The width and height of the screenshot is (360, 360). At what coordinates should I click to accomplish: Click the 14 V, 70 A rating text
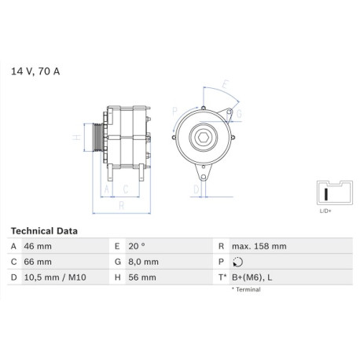pyautogui.click(x=35, y=72)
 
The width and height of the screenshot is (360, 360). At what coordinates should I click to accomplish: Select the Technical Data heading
pyautogui.click(x=44, y=231)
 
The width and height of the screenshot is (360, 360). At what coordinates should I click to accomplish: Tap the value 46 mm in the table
pyautogui.click(x=38, y=246)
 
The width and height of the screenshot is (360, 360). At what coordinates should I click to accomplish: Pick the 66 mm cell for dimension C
pyautogui.click(x=38, y=262)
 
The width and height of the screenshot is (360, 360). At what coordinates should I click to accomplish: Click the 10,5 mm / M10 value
pyautogui.click(x=55, y=277)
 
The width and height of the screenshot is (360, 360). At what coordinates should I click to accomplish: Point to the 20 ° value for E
pyautogui.click(x=137, y=246)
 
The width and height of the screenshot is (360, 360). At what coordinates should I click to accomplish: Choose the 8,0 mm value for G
pyautogui.click(x=143, y=262)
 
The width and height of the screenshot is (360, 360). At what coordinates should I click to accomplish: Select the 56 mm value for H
pyautogui.click(x=142, y=277)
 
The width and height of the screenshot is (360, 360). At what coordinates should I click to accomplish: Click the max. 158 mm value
pyautogui.click(x=259, y=246)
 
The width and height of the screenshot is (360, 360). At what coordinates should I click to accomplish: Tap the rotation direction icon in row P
pyautogui.click(x=237, y=262)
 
